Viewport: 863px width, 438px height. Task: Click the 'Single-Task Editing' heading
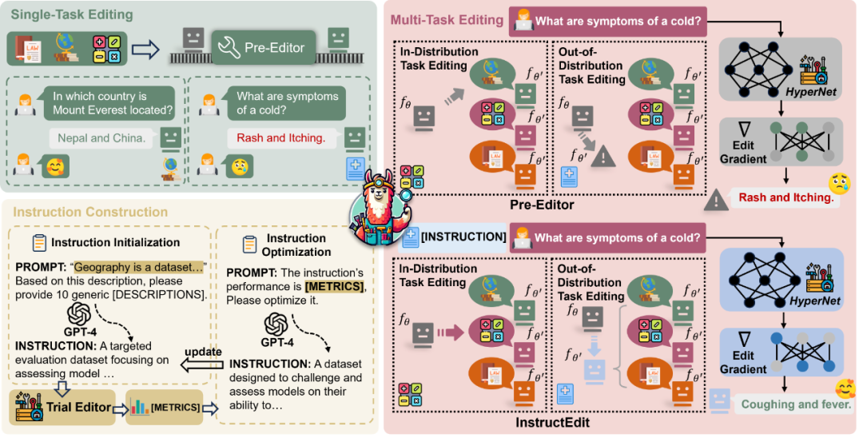pyautogui.click(x=72, y=15)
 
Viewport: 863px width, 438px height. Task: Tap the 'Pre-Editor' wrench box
pyautogui.click(x=264, y=48)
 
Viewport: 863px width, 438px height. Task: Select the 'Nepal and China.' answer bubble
pyautogui.click(x=101, y=138)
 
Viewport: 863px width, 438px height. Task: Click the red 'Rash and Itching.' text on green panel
pyautogui.click(x=280, y=138)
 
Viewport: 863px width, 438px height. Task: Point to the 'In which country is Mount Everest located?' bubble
pyautogui.click(x=109, y=103)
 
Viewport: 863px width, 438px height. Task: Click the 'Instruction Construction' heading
pyautogui.click(x=90, y=212)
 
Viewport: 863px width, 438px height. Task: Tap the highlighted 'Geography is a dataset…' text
pyautogui.click(x=139, y=268)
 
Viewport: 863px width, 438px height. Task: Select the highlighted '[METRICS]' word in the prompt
pyautogui.click(x=334, y=287)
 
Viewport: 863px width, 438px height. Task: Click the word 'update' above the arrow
pyautogui.click(x=203, y=352)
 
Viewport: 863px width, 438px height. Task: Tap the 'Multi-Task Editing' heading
pyautogui.click(x=447, y=20)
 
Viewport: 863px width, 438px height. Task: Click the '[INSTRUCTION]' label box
pyautogui.click(x=455, y=237)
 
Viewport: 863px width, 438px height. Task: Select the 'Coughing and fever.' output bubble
pyautogui.click(x=796, y=404)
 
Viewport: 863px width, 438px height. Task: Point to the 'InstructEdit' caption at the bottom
pyautogui.click(x=552, y=423)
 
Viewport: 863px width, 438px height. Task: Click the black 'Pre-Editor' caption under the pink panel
pyautogui.click(x=542, y=205)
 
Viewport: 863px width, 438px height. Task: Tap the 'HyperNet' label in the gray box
pyautogui.click(x=811, y=91)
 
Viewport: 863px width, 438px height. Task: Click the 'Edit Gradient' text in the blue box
pyautogui.click(x=743, y=363)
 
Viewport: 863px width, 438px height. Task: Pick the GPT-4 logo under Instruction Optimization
pyautogui.click(x=276, y=324)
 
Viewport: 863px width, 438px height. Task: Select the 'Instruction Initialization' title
pyautogui.click(x=116, y=243)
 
